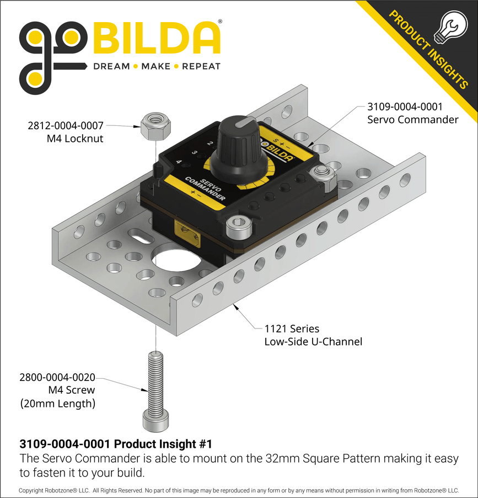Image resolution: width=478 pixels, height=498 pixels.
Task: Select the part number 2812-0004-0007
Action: (65, 126)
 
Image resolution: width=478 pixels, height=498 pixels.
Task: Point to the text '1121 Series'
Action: (292, 329)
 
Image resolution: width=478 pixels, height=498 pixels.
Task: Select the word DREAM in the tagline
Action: (111, 66)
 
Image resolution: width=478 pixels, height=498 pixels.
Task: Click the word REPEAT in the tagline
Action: (201, 66)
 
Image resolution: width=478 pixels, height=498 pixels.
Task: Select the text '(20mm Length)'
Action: (57, 404)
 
